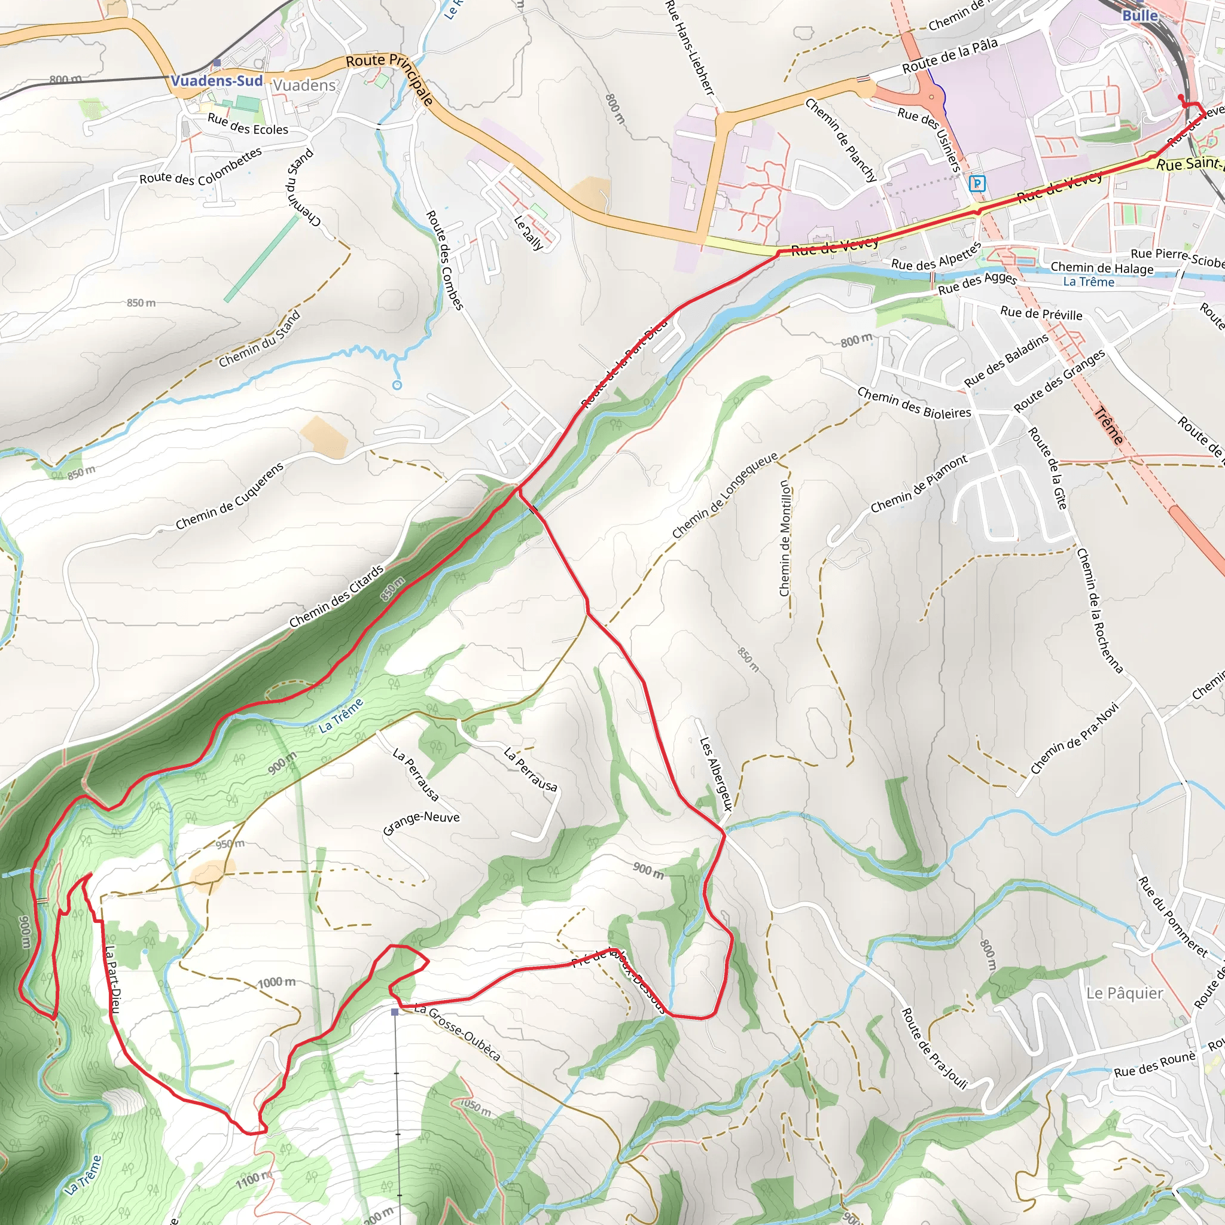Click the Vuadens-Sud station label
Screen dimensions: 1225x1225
point(217,81)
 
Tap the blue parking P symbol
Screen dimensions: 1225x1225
point(978,184)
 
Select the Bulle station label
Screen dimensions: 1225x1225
point(1139,15)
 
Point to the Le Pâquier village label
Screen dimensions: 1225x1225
point(1125,994)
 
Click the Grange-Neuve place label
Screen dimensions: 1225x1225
point(421,823)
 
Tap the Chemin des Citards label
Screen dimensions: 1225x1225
point(337,596)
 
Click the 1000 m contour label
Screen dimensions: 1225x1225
point(276,983)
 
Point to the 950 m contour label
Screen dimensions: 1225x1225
point(230,844)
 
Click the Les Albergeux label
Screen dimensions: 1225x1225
point(716,773)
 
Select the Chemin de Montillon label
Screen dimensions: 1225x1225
point(785,538)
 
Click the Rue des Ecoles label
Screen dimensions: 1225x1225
point(248,124)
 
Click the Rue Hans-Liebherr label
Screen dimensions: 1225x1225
point(690,48)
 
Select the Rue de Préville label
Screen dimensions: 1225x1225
point(1041,313)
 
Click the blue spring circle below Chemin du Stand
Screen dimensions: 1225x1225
point(397,385)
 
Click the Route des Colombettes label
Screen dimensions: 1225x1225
point(200,166)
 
